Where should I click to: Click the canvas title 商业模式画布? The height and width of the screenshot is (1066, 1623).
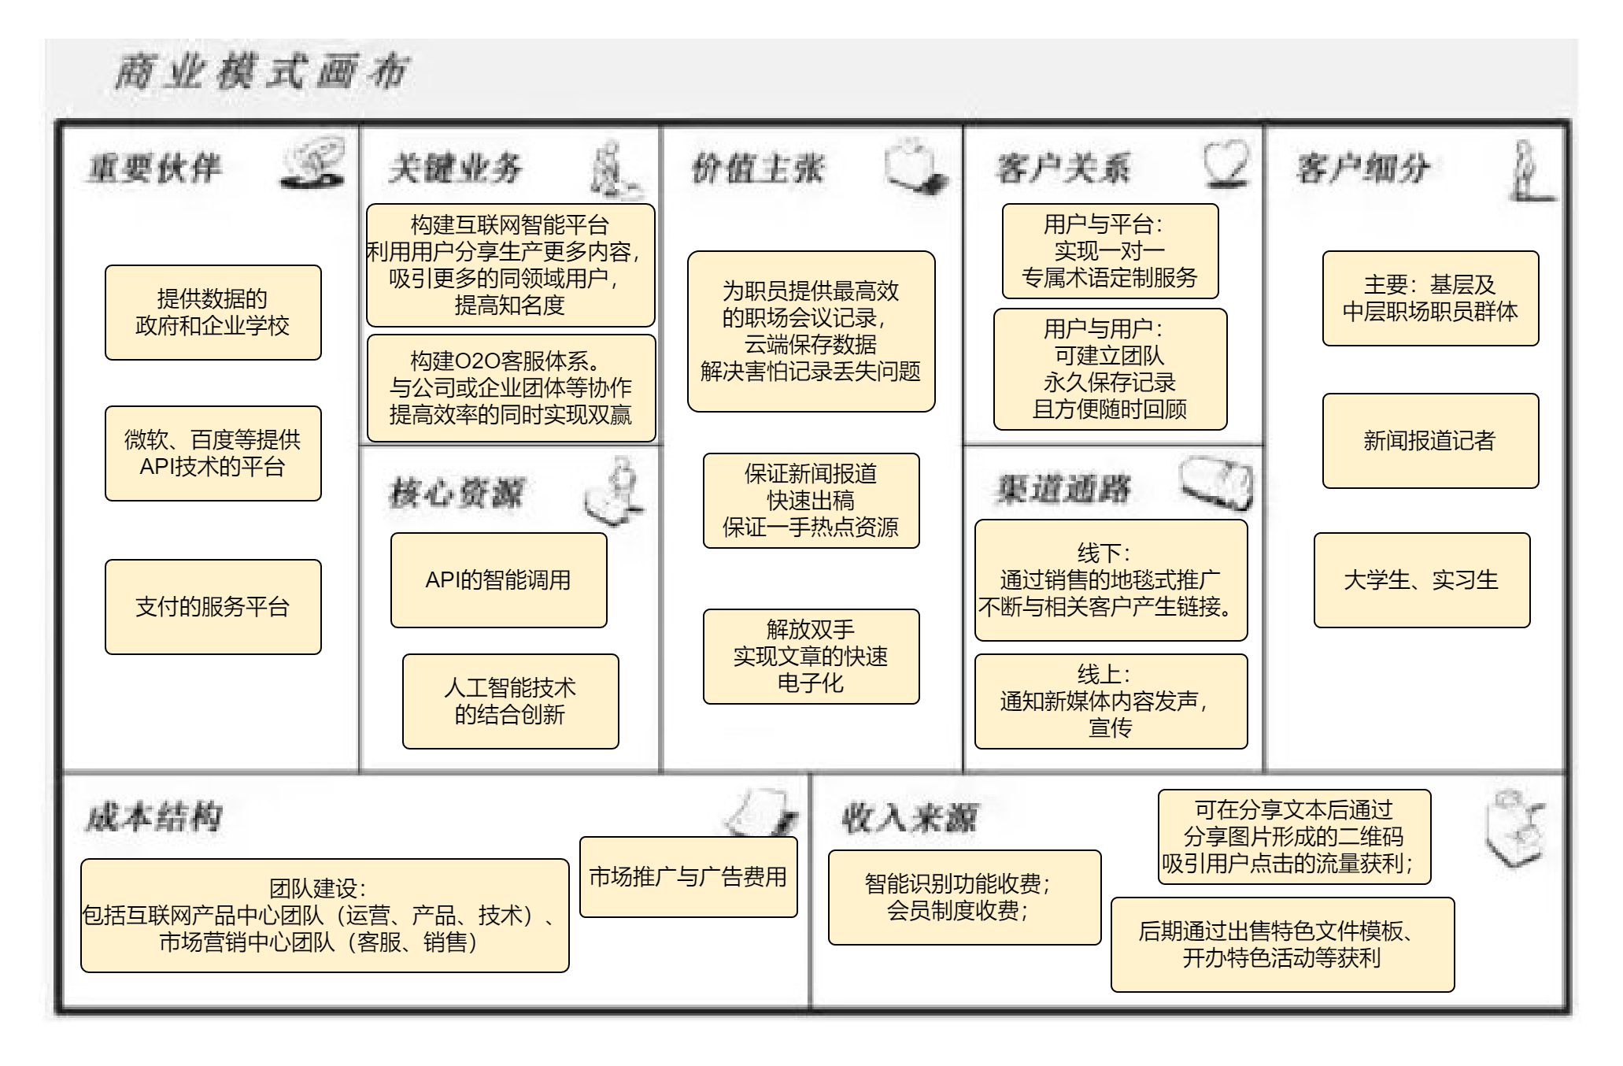tap(261, 73)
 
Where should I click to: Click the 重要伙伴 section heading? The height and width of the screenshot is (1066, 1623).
tap(155, 168)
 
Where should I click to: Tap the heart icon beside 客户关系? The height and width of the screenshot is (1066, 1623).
tap(1226, 164)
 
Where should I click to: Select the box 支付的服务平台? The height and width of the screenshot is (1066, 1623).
tap(213, 607)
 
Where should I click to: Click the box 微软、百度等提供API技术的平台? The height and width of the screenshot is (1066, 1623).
tap(213, 453)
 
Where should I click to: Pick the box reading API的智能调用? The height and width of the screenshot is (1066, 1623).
tap(498, 580)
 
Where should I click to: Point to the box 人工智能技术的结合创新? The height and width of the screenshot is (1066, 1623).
tap(510, 701)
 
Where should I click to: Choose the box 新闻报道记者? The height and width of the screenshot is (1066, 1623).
tap(1430, 441)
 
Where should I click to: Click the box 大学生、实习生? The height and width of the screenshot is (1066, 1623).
tap(1422, 580)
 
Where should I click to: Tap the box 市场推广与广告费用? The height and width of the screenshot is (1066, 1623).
tap(688, 877)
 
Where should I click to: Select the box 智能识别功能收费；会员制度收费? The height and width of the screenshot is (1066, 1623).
tap(964, 898)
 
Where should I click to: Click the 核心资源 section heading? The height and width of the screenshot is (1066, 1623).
tap(457, 494)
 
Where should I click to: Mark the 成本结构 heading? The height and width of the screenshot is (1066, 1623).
tap(154, 817)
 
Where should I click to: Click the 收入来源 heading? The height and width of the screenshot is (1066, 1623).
tap(910, 819)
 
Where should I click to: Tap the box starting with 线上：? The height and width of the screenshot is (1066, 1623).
tap(1111, 701)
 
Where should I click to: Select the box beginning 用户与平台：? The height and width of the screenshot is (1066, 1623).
tap(1110, 251)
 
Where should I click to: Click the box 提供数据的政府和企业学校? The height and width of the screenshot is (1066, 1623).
tap(213, 313)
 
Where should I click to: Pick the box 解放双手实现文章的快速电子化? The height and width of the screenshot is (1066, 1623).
tap(811, 657)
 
